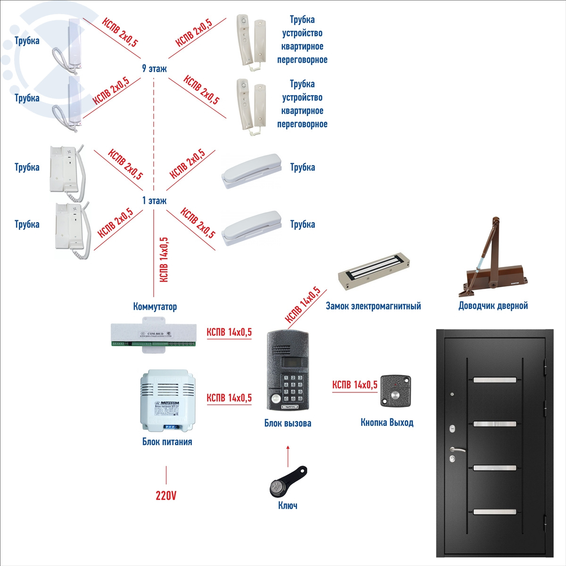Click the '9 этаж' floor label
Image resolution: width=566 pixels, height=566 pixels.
tap(154, 69)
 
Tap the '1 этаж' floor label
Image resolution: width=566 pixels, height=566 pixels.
tap(154, 201)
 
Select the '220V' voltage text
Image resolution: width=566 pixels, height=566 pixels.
tap(166, 496)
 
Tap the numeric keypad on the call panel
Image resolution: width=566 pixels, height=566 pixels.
tap(293, 388)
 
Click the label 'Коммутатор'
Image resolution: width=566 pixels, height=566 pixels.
tap(155, 307)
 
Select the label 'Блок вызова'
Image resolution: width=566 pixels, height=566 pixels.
tap(288, 423)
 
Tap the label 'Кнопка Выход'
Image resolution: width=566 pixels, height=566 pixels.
tap(387, 422)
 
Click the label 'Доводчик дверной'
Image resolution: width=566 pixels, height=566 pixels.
tap(493, 306)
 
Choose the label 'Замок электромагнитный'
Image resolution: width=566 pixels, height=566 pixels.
tap(373, 306)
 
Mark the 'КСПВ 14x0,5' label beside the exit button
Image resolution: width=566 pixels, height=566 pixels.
tap(355, 385)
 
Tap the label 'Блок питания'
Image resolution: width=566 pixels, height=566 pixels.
tap(167, 442)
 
